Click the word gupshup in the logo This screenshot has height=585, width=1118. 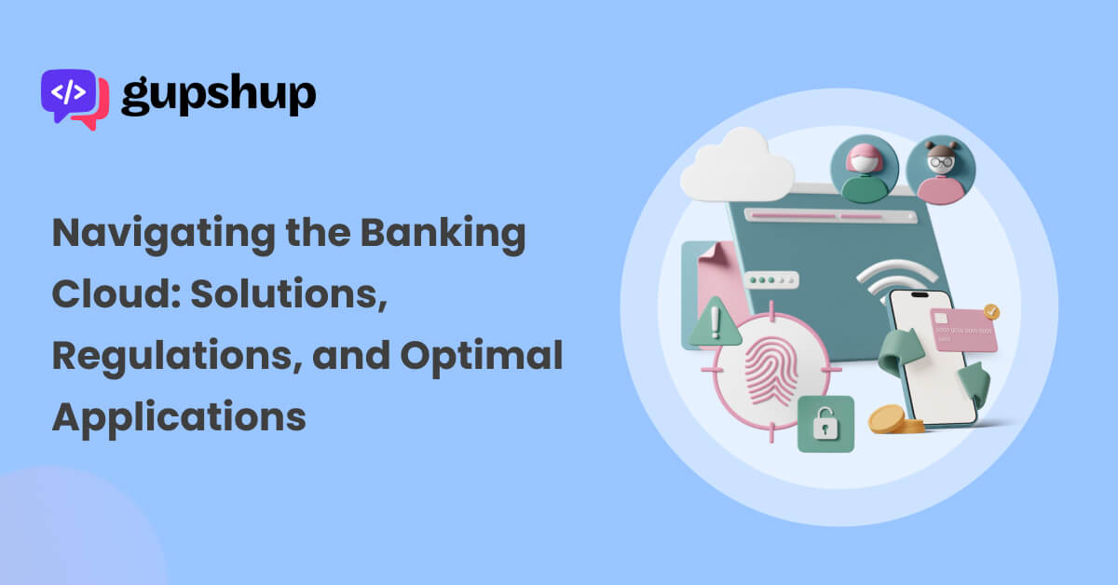[x=219, y=95]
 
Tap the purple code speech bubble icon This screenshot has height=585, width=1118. [x=68, y=95]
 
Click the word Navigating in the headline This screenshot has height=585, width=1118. [x=164, y=234]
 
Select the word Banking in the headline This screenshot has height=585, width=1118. [x=443, y=234]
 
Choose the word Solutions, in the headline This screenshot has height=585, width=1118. [x=289, y=294]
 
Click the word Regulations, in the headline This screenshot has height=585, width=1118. [x=177, y=357]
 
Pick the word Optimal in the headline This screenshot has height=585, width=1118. [x=482, y=357]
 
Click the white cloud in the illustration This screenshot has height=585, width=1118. [x=737, y=166]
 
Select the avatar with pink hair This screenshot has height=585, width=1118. [x=865, y=170]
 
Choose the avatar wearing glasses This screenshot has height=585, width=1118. [x=940, y=170]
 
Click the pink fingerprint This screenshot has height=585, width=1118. [x=771, y=370]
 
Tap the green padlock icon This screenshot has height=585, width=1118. [x=825, y=424]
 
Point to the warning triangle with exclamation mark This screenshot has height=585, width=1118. [x=715, y=322]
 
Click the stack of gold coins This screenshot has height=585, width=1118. [x=894, y=420]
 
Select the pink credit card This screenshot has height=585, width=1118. [x=963, y=331]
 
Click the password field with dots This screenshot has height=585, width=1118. [x=771, y=280]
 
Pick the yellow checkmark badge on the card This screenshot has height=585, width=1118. [x=991, y=312]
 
